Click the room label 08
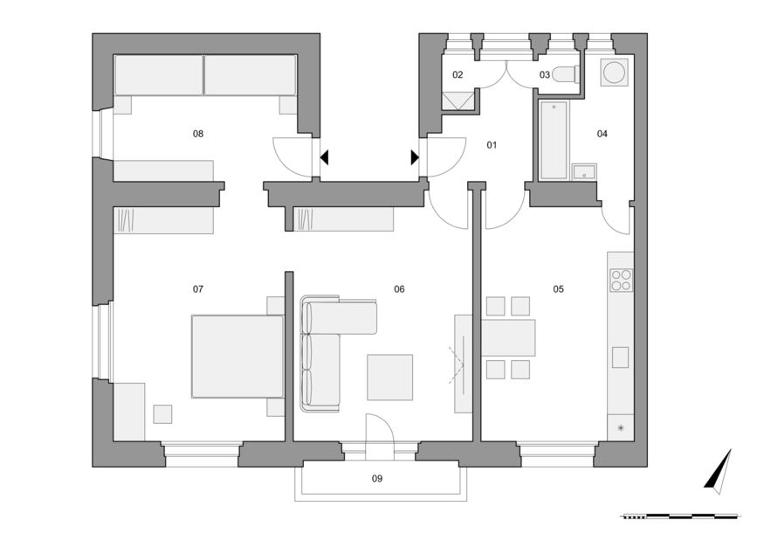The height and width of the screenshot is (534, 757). coord(198,134)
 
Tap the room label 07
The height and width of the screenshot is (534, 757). coord(198,289)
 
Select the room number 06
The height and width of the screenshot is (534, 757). coord(399,289)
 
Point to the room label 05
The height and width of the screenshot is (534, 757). coord(558,289)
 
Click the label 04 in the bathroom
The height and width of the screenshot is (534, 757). coord(602,134)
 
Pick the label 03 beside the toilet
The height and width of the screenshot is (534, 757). coord(545,75)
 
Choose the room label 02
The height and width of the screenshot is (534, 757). coord(458,75)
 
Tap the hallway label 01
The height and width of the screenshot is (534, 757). coord(492,145)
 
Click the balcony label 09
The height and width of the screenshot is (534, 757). coord(377,478)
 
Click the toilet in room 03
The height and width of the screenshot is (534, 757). coord(565,74)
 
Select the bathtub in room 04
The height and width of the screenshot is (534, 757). coord(554,140)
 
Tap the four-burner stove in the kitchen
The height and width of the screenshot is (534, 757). coord(622,281)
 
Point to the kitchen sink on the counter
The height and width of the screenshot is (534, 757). coord(621,357)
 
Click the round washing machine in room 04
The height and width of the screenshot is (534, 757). coord(615,73)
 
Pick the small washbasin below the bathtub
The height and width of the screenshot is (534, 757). coord(584,172)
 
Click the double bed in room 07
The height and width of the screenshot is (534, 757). coord(237,357)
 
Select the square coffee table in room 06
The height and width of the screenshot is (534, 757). coord(389,378)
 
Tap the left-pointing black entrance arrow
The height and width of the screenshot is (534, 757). coord(325,157)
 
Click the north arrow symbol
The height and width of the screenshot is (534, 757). coord(719,472)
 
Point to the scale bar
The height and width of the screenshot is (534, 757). coord(678,517)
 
